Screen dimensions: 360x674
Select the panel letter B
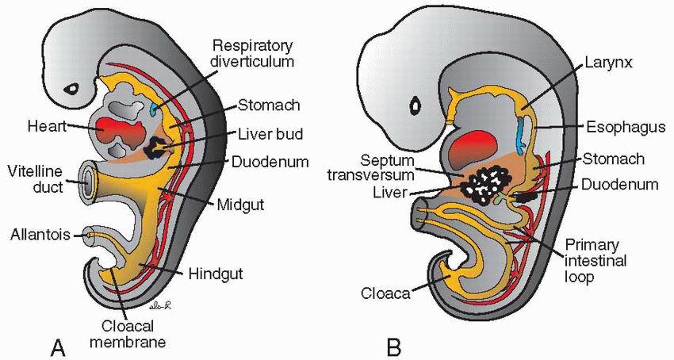pyautogui.click(x=393, y=347)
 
